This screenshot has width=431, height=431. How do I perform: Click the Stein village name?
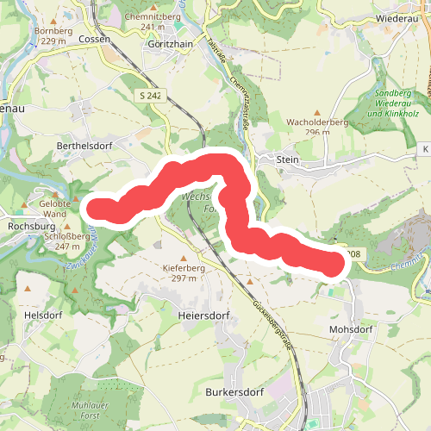coord(287,159)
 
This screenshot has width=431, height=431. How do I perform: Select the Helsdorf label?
coord(45,315)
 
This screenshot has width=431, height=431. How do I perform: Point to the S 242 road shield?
coord(150,96)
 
